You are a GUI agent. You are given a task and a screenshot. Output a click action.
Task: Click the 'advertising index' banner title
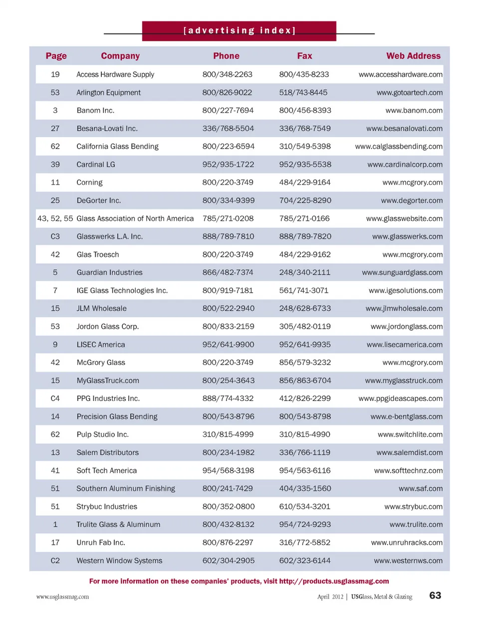(x=239, y=31)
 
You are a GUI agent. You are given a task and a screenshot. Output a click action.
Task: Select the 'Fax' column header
(x=304, y=56)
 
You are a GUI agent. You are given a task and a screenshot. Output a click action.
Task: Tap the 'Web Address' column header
(x=413, y=56)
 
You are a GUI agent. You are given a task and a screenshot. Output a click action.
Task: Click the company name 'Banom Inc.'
(x=95, y=110)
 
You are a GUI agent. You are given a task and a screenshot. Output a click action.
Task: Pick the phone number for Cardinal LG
(x=228, y=165)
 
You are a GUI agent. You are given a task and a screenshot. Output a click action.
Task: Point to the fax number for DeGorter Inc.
(x=305, y=201)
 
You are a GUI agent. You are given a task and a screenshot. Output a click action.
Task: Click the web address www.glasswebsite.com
(x=404, y=218)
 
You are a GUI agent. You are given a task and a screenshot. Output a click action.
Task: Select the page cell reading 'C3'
(x=55, y=236)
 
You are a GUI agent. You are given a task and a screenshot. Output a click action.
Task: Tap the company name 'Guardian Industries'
(x=109, y=272)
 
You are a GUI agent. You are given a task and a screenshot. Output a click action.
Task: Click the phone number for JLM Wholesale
(x=228, y=308)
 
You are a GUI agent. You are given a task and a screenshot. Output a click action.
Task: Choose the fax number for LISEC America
(x=305, y=345)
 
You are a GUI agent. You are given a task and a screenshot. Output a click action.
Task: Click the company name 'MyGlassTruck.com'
(x=108, y=381)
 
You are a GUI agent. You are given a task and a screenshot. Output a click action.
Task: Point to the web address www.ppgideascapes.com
(x=400, y=399)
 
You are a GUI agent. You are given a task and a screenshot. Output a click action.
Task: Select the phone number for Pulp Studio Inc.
(x=228, y=434)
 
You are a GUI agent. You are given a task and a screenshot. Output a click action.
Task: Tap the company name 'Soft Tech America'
(x=106, y=470)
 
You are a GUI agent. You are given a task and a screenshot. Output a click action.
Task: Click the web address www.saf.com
(x=420, y=489)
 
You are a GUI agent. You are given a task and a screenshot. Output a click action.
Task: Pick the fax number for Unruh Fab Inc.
(x=305, y=543)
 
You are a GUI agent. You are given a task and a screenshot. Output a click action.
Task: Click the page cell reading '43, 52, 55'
(x=55, y=218)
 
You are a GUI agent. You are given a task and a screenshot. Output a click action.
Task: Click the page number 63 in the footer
(x=435, y=596)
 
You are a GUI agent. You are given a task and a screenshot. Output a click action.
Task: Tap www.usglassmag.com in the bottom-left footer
(x=62, y=597)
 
